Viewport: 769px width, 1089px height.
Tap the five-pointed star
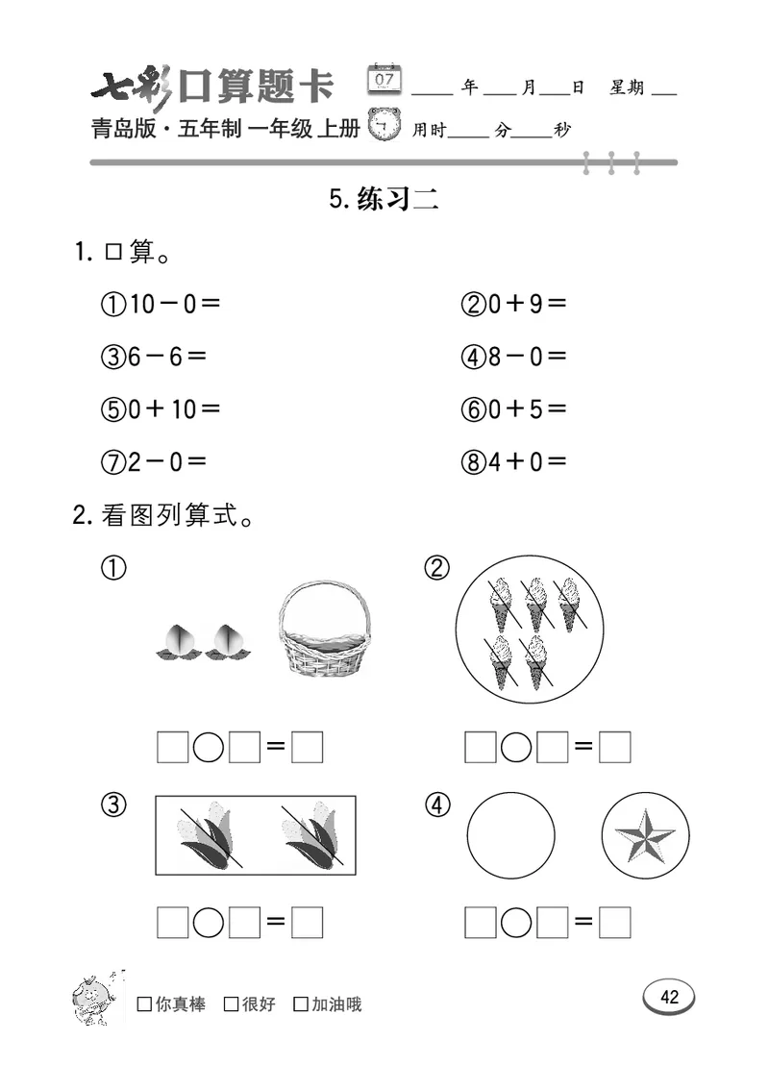click(x=645, y=834)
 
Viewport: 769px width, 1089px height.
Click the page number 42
click(x=669, y=997)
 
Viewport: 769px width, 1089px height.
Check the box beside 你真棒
click(x=144, y=1005)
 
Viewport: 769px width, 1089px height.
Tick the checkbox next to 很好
click(x=231, y=1005)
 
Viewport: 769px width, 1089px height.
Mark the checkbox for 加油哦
click(x=301, y=1005)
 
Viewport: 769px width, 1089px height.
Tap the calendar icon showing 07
click(x=385, y=79)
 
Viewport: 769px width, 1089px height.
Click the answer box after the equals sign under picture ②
click(x=614, y=747)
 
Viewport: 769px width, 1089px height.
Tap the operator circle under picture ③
click(x=209, y=924)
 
